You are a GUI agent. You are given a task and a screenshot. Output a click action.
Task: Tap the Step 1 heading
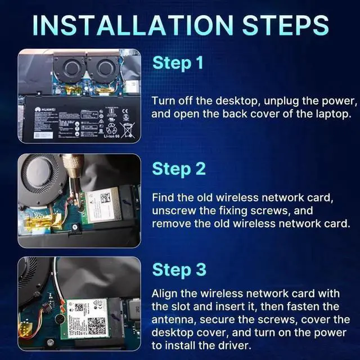[x=178, y=63]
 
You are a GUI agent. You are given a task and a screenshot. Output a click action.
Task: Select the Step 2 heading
[x=179, y=169]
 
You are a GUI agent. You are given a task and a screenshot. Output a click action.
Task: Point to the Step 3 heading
[x=179, y=270]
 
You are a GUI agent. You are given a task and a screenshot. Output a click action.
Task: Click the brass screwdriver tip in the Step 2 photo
[x=72, y=169]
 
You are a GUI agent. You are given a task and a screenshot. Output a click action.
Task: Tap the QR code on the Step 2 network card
[x=105, y=197]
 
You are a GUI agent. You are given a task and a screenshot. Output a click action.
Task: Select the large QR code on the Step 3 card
[x=97, y=325]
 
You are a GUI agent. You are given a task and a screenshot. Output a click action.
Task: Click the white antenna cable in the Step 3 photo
[x=56, y=281]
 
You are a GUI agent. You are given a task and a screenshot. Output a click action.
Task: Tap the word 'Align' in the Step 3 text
[x=164, y=294]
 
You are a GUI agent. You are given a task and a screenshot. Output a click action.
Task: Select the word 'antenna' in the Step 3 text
[x=172, y=319]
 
